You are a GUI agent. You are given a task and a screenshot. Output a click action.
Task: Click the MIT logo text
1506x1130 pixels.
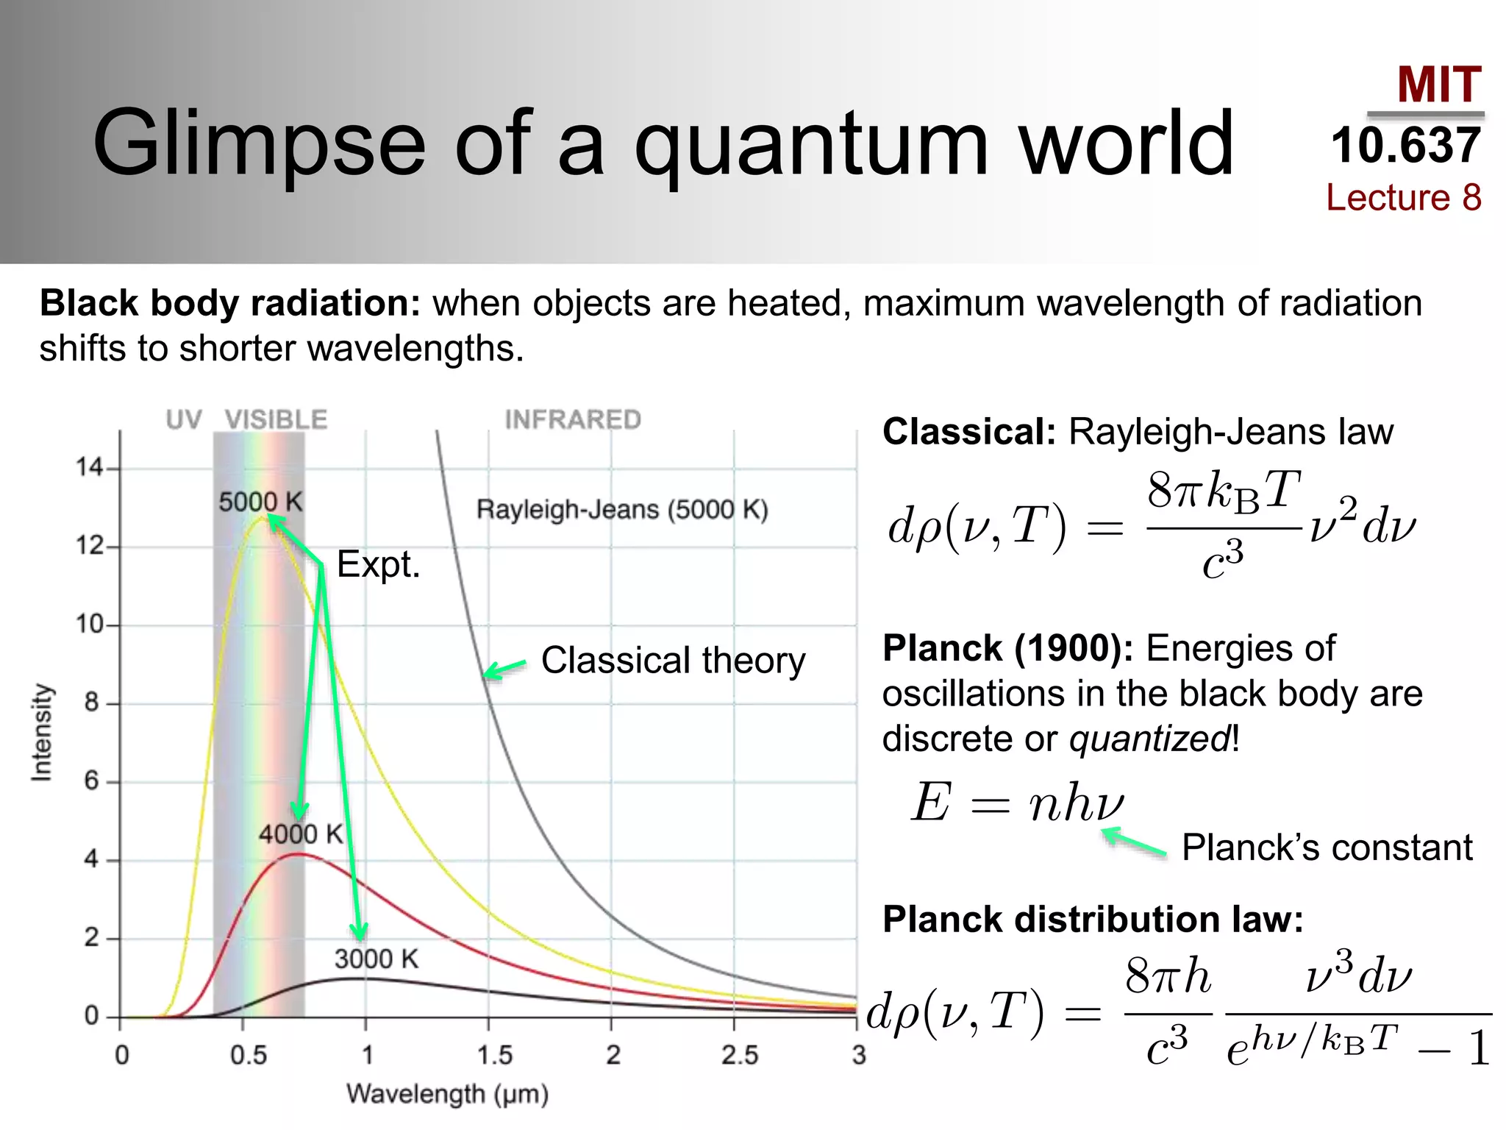tap(1438, 85)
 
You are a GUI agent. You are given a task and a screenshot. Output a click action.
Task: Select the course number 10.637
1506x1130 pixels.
tap(1405, 146)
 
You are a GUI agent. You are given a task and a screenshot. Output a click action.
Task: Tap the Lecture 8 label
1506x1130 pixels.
tap(1403, 197)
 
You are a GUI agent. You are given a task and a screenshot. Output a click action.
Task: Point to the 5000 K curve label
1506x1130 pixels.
tap(260, 502)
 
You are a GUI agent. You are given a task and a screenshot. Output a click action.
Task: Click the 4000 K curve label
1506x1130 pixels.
tap(301, 834)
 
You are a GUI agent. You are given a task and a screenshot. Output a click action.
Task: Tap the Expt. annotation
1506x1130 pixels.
tap(378, 565)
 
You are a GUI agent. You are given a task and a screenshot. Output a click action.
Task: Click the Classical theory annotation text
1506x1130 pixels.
tap(673, 660)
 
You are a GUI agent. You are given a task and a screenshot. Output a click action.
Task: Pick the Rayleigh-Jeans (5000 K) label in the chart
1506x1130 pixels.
tap(622, 510)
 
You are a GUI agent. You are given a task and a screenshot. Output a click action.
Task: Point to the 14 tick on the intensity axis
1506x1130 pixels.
tap(90, 467)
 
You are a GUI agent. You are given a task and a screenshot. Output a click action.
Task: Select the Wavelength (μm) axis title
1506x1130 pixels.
tap(448, 1094)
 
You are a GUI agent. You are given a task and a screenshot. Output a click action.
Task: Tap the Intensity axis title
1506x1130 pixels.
tap(42, 732)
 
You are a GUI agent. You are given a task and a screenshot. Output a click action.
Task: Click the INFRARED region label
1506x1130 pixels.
tap(573, 420)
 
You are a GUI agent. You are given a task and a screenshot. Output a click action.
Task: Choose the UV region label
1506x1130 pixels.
tap(183, 420)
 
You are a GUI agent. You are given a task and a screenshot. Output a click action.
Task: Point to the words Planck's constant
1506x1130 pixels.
tap(1327, 847)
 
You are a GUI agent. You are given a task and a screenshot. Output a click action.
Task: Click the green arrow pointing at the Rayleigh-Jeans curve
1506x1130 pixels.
tap(504, 669)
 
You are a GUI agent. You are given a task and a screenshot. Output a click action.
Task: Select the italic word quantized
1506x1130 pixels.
tap(1149, 739)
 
